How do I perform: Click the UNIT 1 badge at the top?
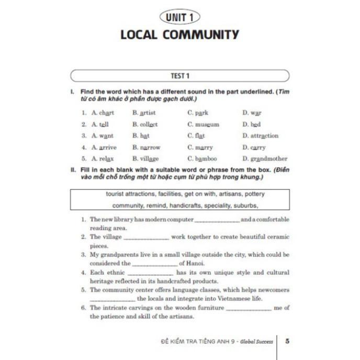[x=179, y=17]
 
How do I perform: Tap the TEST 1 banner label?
[x=179, y=76]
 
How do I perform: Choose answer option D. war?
[x=252, y=113]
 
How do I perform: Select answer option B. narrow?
[x=146, y=148]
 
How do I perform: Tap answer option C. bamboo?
[x=202, y=159]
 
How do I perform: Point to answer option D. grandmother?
[x=265, y=159]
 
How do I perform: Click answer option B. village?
[x=145, y=159]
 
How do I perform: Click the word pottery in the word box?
[x=252, y=194]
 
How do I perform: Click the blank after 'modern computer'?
[x=217, y=220]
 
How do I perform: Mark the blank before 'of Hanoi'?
[x=154, y=264]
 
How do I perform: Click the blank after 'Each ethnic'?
[x=151, y=273]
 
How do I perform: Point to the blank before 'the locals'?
[x=113, y=300]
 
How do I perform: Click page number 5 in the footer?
[x=287, y=341]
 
